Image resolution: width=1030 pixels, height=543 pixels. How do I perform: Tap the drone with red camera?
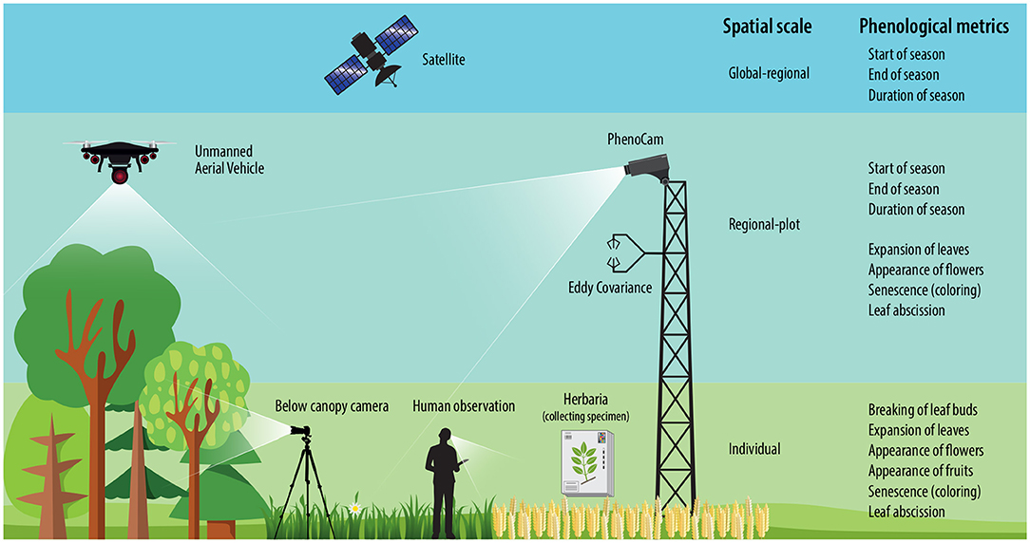pos(120,158)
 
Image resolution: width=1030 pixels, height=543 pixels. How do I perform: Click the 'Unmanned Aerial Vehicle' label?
pos(229,159)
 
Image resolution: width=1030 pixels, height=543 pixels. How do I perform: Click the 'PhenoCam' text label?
pos(635,140)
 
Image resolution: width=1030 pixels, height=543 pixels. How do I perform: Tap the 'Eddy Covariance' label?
pos(610,287)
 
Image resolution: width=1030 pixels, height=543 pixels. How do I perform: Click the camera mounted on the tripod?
pos(302,432)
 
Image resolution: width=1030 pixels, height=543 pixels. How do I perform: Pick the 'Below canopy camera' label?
pos(332,406)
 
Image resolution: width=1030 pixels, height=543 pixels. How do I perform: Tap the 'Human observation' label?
pos(465,406)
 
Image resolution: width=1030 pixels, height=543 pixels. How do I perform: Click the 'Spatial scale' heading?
pos(767,27)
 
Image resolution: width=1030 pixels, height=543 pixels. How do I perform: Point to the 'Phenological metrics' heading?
pos(934,27)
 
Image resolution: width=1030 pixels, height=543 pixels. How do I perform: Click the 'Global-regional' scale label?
pos(769,73)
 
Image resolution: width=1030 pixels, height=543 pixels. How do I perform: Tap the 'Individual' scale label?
pos(754,448)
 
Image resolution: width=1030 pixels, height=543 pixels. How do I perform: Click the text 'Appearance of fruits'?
pos(920,471)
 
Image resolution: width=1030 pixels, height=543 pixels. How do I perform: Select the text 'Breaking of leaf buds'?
pos(923,410)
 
